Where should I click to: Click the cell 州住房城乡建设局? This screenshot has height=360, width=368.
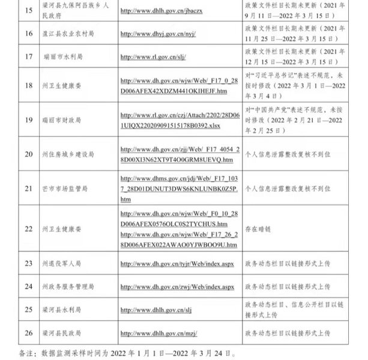click(x=68, y=154)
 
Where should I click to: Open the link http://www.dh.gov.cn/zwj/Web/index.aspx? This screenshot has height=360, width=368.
click(x=177, y=287)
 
